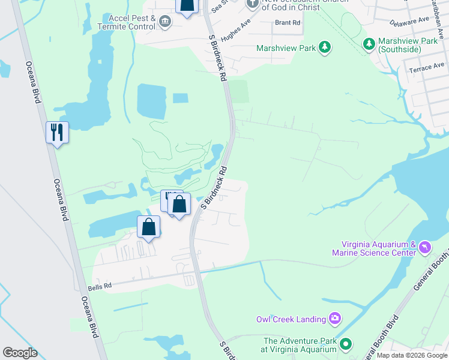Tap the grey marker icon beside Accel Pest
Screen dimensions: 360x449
pyautogui.click(x=165, y=23)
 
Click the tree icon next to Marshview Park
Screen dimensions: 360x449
pyautogui.click(x=325, y=47)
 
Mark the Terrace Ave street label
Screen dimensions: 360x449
pyautogui.click(x=427, y=67)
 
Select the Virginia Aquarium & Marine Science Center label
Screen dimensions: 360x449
pyautogui.click(x=379, y=248)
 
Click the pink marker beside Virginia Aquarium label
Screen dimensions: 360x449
pyautogui.click(x=425, y=247)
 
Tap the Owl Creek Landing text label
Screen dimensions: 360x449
pyautogui.click(x=291, y=319)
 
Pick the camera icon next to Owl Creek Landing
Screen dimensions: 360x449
pyautogui.click(x=335, y=319)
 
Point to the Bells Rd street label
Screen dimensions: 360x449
pyautogui.click(x=100, y=287)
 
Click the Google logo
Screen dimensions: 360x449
pyautogui.click(x=20, y=353)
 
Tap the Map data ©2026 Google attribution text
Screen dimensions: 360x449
pyautogui.click(x=412, y=356)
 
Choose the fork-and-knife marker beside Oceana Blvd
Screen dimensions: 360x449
pyautogui.click(x=58, y=132)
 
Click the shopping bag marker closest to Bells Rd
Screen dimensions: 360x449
pyautogui.click(x=149, y=227)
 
